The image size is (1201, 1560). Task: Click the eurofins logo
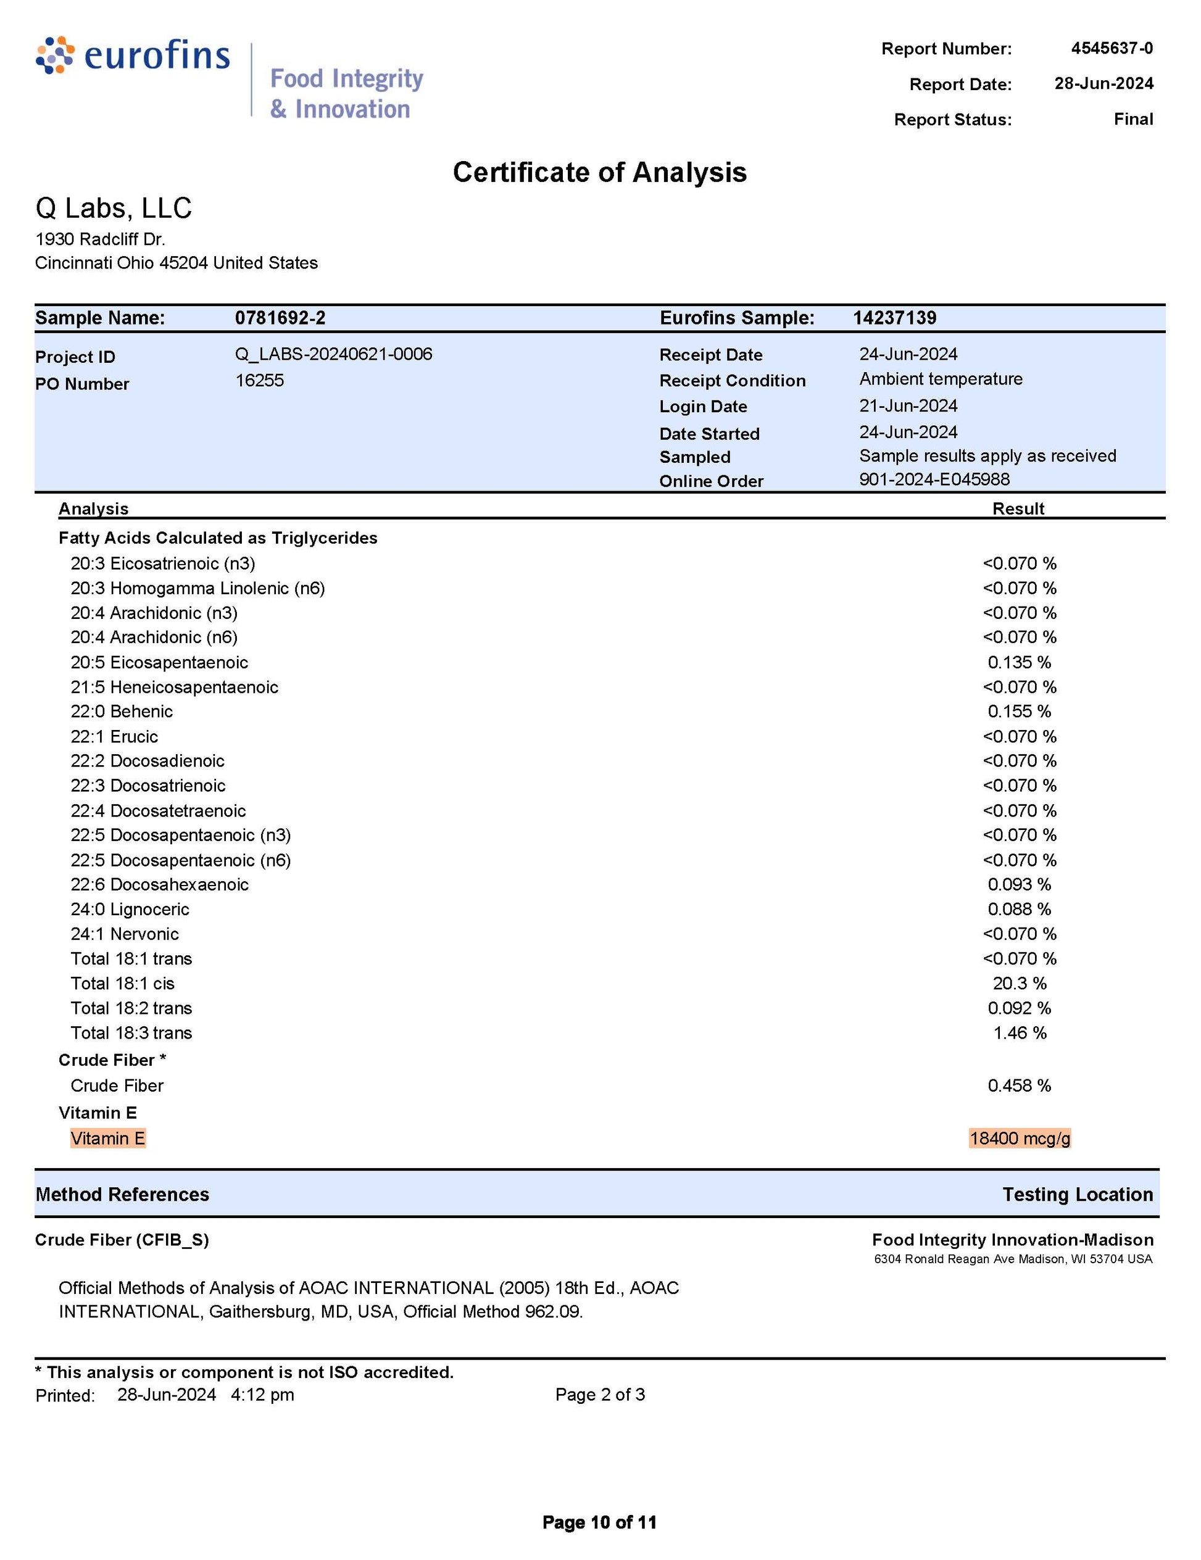pyautogui.click(x=133, y=56)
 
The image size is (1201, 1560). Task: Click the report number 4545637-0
pyautogui.click(x=1111, y=49)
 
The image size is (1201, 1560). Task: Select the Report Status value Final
pyautogui.click(x=1132, y=119)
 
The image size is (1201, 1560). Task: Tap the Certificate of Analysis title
pyautogui.click(x=599, y=172)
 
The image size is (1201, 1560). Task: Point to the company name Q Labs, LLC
pyautogui.click(x=114, y=208)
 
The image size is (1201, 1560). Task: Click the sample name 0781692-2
pyautogui.click(x=280, y=318)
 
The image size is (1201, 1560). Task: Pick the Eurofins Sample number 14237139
pyautogui.click(x=894, y=318)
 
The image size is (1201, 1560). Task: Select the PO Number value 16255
pyautogui.click(x=259, y=380)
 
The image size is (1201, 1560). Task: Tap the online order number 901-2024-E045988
pyautogui.click(x=934, y=479)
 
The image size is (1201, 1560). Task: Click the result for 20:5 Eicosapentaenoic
pyautogui.click(x=1019, y=662)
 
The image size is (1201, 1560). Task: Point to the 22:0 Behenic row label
pyautogui.click(x=122, y=712)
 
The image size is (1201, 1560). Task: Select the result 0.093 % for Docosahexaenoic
pyautogui.click(x=1019, y=884)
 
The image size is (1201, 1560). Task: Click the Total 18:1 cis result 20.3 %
pyautogui.click(x=1019, y=984)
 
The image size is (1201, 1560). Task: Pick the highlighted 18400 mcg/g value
pyautogui.click(x=1020, y=1139)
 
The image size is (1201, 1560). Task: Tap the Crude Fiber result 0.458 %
pyautogui.click(x=1019, y=1085)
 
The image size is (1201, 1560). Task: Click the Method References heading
pyautogui.click(x=122, y=1194)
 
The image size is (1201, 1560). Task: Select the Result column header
pyautogui.click(x=1018, y=508)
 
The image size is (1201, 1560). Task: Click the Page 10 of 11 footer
pyautogui.click(x=599, y=1522)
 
